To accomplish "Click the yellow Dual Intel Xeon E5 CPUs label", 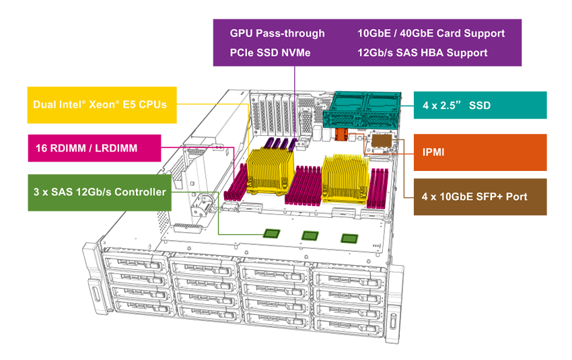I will [x=101, y=105].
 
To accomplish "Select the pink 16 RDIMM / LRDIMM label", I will [x=94, y=148].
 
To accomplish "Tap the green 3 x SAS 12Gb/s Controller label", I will [x=100, y=192].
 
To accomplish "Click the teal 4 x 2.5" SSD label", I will [x=479, y=105].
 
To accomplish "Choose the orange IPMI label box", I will [x=479, y=153].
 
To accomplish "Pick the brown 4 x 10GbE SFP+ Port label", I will [x=479, y=197].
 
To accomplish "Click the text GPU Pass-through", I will [x=277, y=33].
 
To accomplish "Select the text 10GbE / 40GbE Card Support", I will [x=431, y=33].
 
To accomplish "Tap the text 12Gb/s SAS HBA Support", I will [x=423, y=52].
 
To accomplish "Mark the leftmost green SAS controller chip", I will [x=271, y=233].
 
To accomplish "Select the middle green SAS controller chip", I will [x=310, y=236].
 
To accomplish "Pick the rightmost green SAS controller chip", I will [x=349, y=238].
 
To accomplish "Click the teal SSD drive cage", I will [x=362, y=110].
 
